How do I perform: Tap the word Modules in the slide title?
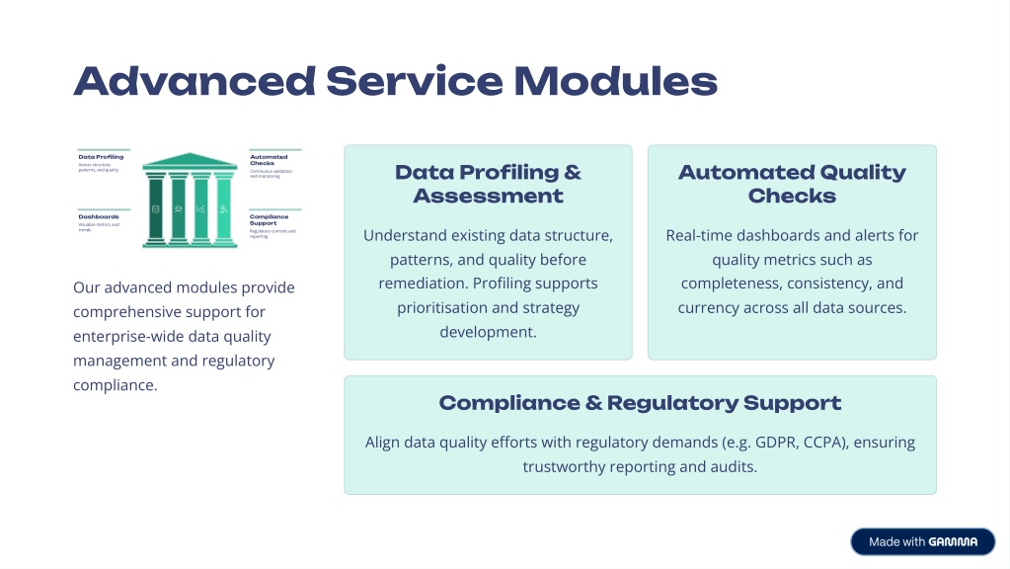point(615,80)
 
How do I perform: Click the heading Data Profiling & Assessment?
point(488,184)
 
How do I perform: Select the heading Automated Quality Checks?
point(792,184)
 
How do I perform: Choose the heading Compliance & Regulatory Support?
point(640,403)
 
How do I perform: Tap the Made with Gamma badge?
point(922,541)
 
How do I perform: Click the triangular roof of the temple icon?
point(191,160)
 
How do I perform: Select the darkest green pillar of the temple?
point(155,209)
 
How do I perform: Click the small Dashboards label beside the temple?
point(99,216)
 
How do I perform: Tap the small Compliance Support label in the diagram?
point(270,218)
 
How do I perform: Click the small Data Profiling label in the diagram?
point(101,156)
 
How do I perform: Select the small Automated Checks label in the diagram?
point(269,159)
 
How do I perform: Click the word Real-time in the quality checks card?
point(699,235)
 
